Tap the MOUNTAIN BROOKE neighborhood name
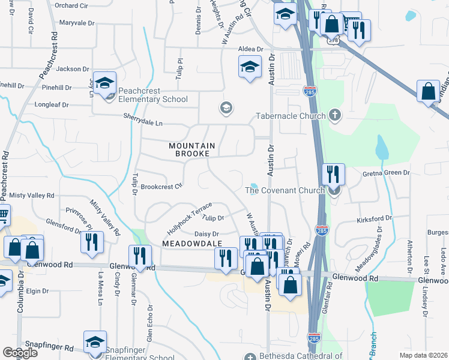click(191, 150)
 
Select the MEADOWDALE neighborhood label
click(191, 243)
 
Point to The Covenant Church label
click(285, 191)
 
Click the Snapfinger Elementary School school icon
click(95, 342)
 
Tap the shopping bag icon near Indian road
click(428, 92)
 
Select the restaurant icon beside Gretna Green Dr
click(333, 174)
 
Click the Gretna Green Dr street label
click(385, 173)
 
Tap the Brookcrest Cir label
click(161, 187)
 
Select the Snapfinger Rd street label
click(53, 348)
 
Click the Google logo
click(20, 353)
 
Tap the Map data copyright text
click(423, 355)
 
